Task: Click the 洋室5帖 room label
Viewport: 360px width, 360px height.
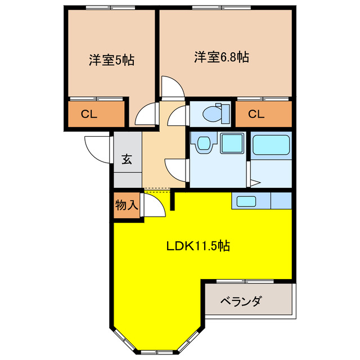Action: click(111, 60)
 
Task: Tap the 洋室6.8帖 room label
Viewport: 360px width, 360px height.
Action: click(222, 57)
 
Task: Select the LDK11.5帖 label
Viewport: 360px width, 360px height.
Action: click(197, 246)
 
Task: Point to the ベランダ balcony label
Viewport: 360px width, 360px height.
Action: click(240, 301)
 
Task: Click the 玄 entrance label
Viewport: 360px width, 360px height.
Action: click(127, 159)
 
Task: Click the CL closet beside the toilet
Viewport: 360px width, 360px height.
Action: click(256, 115)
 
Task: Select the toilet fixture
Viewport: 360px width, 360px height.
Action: click(215, 114)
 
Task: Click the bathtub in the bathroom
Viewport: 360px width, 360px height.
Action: click(271, 145)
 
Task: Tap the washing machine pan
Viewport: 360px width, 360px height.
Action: click(231, 143)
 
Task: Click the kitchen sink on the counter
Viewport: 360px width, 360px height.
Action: click(245, 201)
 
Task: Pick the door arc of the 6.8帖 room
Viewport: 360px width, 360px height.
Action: click(172, 87)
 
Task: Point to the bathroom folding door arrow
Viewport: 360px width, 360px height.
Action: click(254, 182)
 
